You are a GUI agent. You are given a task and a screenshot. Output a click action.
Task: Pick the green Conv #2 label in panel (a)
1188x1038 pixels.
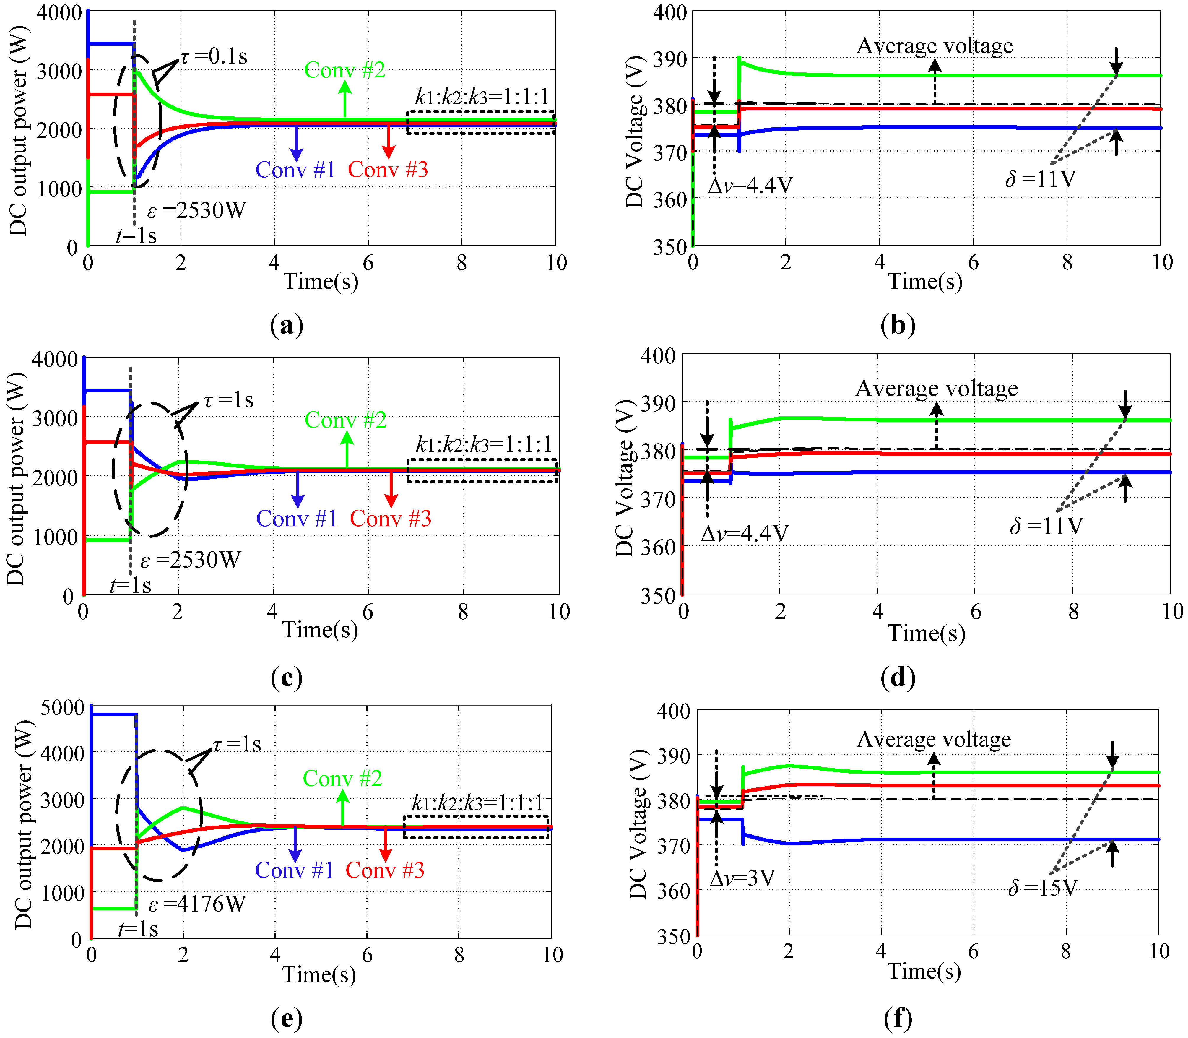click(x=345, y=70)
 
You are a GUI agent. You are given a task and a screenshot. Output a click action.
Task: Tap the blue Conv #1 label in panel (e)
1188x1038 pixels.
click(x=294, y=870)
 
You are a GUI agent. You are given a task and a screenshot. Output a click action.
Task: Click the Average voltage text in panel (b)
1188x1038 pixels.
click(x=935, y=46)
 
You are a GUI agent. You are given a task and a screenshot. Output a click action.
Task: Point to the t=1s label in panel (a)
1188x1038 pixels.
click(x=136, y=236)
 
